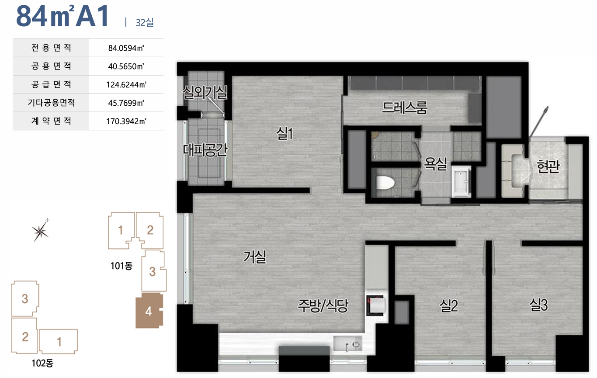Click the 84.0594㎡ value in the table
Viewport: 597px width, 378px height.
(x=126, y=48)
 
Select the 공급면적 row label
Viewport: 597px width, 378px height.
(x=51, y=84)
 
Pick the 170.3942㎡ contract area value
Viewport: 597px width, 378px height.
(x=126, y=121)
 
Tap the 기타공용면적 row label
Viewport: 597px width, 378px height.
(x=51, y=103)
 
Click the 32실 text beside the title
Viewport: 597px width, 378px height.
(x=145, y=22)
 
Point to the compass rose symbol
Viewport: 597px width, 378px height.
(x=40, y=231)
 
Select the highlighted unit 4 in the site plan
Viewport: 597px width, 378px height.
(x=149, y=311)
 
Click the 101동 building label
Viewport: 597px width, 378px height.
(x=121, y=266)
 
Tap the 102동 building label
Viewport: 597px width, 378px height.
(x=43, y=363)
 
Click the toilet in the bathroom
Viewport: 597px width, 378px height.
(x=385, y=183)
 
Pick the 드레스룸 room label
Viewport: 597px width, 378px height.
(x=405, y=108)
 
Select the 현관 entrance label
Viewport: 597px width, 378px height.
(x=548, y=166)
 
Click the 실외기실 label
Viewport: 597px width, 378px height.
(x=205, y=92)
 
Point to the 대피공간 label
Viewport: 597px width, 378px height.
(x=205, y=150)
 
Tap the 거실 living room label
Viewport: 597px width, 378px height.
(x=254, y=257)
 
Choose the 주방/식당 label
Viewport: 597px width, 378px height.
(x=323, y=306)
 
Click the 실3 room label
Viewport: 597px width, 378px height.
(x=538, y=305)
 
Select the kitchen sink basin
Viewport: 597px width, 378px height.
(x=348, y=343)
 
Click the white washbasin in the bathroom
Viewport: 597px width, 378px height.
(x=462, y=181)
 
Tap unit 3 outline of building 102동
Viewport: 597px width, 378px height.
(x=25, y=298)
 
